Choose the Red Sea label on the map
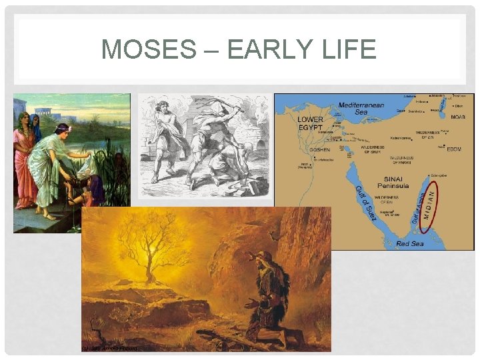tap(410, 244)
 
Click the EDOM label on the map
tap(454, 149)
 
